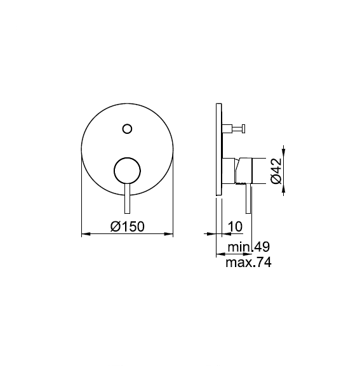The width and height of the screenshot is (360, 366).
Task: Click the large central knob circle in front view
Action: (127, 171)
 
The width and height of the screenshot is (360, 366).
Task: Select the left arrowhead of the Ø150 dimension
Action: (86, 235)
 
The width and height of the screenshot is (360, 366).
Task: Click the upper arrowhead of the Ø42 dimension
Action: (283, 154)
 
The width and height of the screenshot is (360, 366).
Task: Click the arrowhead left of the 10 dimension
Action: (213, 235)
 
